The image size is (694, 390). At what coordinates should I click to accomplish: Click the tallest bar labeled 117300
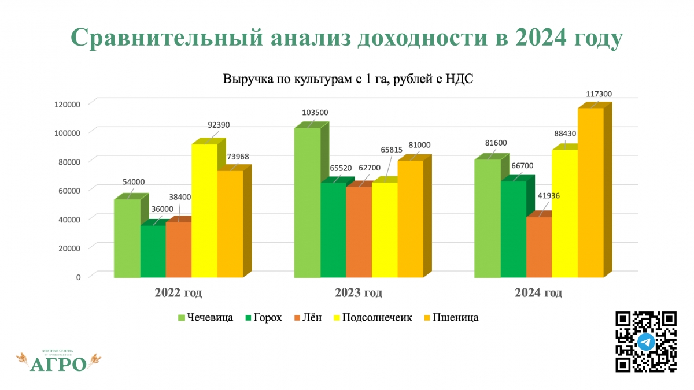pos(590,191)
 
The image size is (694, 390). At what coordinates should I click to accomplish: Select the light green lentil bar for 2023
pos(307,202)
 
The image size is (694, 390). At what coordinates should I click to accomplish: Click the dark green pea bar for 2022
pos(153,251)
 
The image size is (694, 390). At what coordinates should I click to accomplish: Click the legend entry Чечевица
pos(205,317)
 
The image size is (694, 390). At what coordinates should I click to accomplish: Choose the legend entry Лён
pos(311,317)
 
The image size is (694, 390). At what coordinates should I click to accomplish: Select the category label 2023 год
pos(358,293)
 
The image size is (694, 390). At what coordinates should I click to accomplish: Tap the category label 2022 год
pos(178,293)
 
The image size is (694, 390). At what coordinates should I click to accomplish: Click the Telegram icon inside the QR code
pos(646,342)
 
